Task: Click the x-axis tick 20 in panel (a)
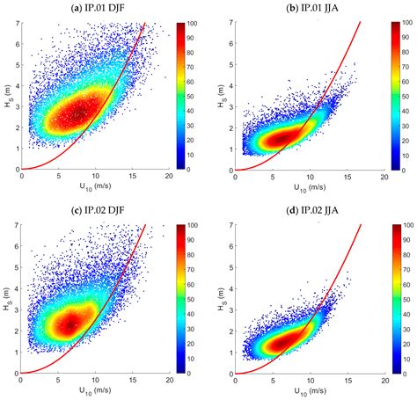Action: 168,178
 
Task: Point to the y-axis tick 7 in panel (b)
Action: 230,21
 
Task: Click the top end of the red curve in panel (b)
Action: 362,21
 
